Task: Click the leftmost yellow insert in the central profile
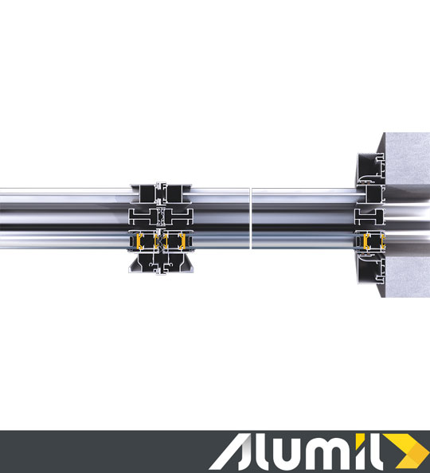(139, 241)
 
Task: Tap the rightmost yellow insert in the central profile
(182, 241)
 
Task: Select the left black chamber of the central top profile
(147, 193)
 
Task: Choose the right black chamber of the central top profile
(175, 193)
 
